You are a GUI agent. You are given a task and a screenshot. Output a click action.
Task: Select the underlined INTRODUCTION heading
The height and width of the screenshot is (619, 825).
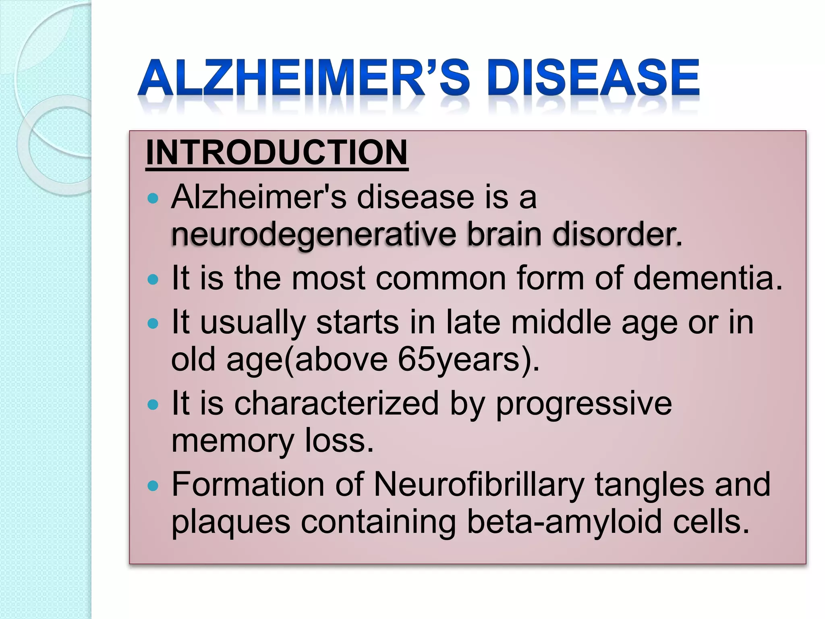(x=277, y=153)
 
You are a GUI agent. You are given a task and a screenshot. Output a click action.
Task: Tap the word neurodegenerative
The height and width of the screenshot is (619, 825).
(x=313, y=235)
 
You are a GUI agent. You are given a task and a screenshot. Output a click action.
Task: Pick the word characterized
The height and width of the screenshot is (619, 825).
(x=336, y=403)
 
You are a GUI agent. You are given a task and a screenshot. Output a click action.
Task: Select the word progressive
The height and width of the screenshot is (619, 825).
(x=584, y=403)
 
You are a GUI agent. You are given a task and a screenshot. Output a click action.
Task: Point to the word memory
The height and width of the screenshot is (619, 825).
(x=232, y=441)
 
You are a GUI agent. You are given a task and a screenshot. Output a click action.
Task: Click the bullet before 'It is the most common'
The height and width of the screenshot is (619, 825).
(x=153, y=279)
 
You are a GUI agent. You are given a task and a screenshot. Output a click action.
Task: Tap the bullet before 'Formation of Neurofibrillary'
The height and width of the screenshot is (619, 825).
(x=153, y=486)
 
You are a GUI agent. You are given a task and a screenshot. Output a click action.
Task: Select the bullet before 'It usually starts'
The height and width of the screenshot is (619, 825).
(x=153, y=323)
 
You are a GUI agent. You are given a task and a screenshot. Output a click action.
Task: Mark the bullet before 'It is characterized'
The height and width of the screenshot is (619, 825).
(x=153, y=405)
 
